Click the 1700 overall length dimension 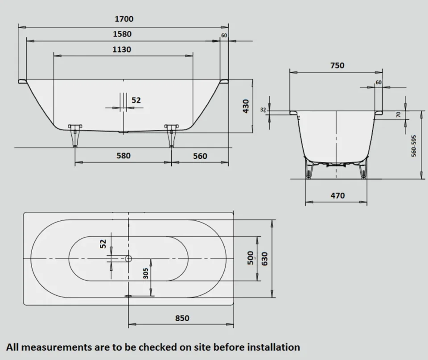point(123,19)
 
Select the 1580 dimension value point(122,34)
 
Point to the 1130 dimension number point(121,50)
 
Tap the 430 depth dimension point(245,106)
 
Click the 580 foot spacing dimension point(123,156)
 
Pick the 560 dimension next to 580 point(200,156)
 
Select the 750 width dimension point(337,65)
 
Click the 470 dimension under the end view point(337,195)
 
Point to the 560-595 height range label point(414,145)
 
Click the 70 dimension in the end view point(399,115)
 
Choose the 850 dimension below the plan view point(182,318)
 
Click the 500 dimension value point(251,258)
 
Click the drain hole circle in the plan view point(128,258)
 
